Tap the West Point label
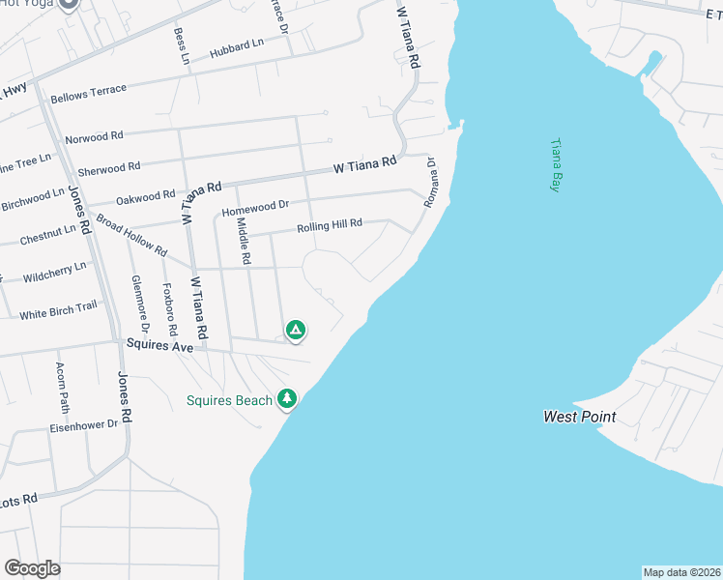pos(579,418)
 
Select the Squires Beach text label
pos(230,399)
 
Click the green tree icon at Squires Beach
pos(286,398)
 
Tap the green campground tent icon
pos(297,331)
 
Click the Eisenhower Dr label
pos(84,424)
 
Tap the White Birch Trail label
pos(59,309)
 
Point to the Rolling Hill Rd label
pos(329,225)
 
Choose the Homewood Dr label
pos(255,206)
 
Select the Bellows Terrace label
pos(88,91)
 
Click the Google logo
pos(32,568)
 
